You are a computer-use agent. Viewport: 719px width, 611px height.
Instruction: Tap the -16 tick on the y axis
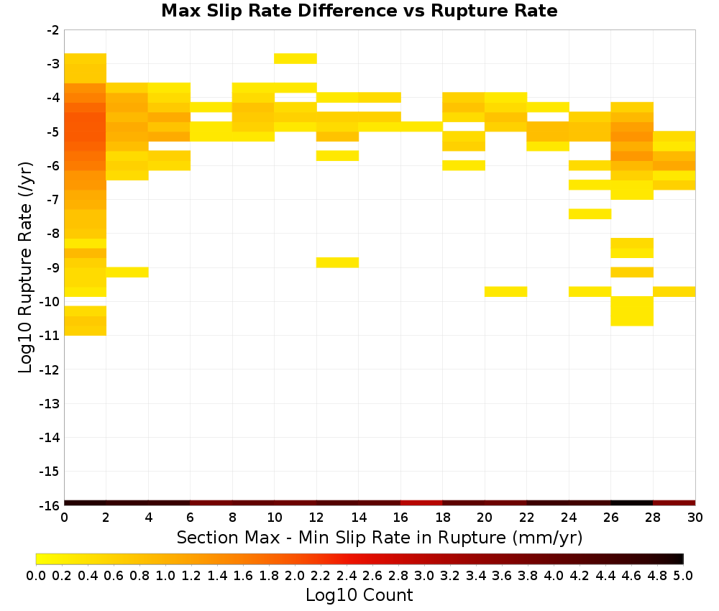pos(50,505)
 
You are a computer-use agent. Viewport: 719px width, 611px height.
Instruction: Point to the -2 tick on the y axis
pos(52,30)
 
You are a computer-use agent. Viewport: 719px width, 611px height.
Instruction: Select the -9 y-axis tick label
pos(52,267)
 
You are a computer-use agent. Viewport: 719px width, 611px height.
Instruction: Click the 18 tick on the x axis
pos(442,518)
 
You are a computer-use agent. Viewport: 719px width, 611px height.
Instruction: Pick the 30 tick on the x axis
pos(695,518)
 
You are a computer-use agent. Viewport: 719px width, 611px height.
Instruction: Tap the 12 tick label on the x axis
pos(316,518)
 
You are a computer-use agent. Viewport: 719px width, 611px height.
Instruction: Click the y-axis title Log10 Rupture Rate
pos(25,267)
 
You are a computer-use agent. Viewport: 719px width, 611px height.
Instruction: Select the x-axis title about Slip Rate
pos(380,537)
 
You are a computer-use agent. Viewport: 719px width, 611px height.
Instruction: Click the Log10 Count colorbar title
pos(359,595)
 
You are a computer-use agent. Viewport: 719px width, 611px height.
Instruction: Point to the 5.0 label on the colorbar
pos(683,575)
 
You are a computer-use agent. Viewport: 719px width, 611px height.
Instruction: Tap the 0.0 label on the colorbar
pos(36,575)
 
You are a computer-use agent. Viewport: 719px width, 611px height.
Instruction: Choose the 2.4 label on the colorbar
pos(347,575)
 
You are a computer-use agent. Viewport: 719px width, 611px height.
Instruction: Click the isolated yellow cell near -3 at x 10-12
pos(296,59)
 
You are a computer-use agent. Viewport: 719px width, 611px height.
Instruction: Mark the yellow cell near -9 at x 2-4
pos(127,272)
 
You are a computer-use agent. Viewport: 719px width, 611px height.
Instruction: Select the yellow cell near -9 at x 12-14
pos(337,262)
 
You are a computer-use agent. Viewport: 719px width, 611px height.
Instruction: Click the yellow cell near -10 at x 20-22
pos(505,292)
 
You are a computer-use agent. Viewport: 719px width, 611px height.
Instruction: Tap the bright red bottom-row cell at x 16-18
pos(421,503)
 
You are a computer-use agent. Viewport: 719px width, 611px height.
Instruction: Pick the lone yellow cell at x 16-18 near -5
pos(421,127)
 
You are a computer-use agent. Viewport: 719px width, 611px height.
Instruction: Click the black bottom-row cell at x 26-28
pos(632,503)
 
